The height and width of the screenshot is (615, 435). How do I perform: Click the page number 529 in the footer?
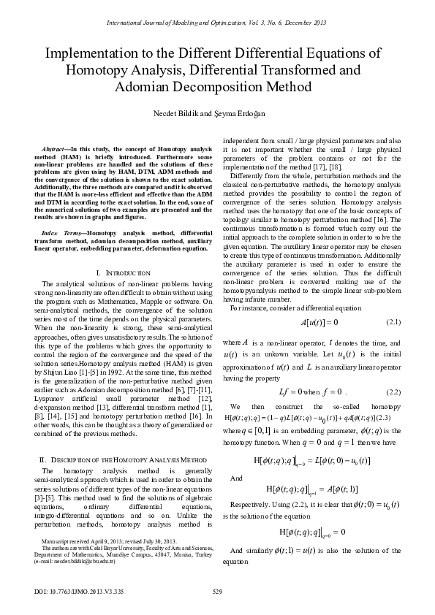(x=216, y=590)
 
